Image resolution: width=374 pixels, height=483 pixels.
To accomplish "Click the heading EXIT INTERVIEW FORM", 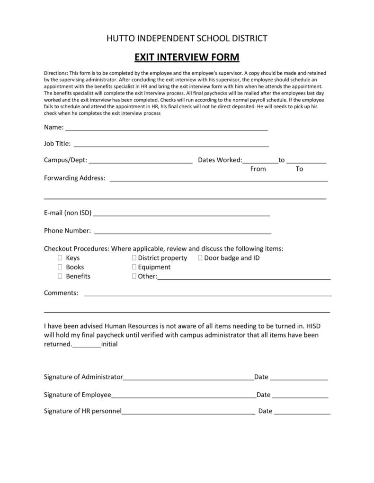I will (187, 57).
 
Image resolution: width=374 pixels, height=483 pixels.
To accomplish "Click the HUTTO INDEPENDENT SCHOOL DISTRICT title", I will (187, 38).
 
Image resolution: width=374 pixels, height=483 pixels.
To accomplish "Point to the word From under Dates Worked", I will (258, 169).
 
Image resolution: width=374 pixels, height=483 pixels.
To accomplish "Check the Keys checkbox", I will (60, 258).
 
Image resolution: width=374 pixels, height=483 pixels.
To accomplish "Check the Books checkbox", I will (60, 267).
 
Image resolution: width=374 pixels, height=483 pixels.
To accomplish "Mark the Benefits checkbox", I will (60, 276).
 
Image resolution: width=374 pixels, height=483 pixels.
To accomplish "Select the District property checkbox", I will (134, 258).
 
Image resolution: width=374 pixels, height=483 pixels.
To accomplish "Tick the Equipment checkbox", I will (134, 267).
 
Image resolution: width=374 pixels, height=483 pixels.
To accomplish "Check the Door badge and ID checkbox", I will (200, 258).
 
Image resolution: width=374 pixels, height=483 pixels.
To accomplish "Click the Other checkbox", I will (134, 276).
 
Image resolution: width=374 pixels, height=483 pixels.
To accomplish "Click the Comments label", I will (61, 293).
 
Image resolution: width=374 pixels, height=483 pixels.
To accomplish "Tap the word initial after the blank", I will (109, 345).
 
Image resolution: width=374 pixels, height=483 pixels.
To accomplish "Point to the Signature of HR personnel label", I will (83, 411).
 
